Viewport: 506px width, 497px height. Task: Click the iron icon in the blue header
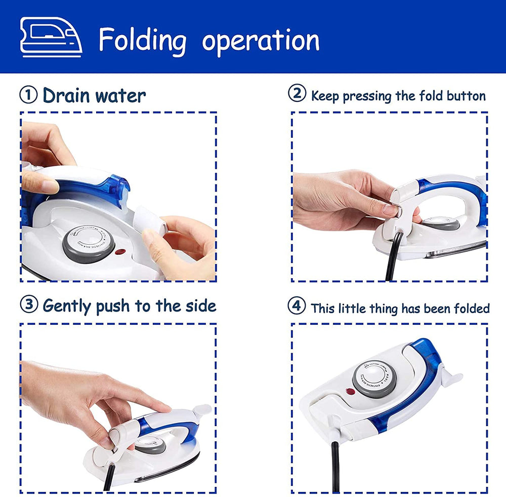[x=51, y=37]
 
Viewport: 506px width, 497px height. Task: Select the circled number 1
[x=28, y=95]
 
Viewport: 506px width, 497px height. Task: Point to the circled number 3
[x=29, y=305]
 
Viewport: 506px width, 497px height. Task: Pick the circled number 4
[x=297, y=306]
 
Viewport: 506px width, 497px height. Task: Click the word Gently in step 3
[x=67, y=306]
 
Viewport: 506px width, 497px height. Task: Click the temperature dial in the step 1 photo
[x=89, y=244]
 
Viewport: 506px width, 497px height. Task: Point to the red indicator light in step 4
[x=349, y=391]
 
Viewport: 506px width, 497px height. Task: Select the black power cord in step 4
[x=335, y=466]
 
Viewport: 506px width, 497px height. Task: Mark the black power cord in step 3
[x=108, y=479]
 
